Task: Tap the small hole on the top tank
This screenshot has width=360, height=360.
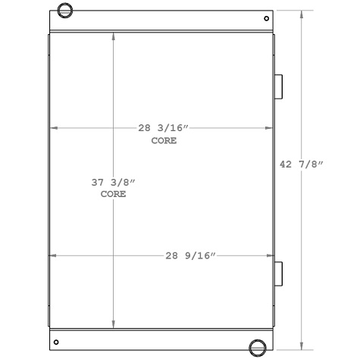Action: coord(266,19)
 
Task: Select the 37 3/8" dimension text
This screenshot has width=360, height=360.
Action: coord(113,183)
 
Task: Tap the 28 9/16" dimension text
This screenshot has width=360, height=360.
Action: coord(191,256)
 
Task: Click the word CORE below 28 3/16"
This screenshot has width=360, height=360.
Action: coord(163,141)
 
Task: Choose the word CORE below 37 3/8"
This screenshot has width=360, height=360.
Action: coord(113,194)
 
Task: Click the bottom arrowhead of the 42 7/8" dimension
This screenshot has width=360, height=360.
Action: coord(304,341)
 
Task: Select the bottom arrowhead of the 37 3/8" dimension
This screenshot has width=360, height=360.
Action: coord(114,322)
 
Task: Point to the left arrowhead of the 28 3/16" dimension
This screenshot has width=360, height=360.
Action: coord(53,128)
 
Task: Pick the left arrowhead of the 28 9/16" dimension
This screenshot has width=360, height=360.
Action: coord(53,256)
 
